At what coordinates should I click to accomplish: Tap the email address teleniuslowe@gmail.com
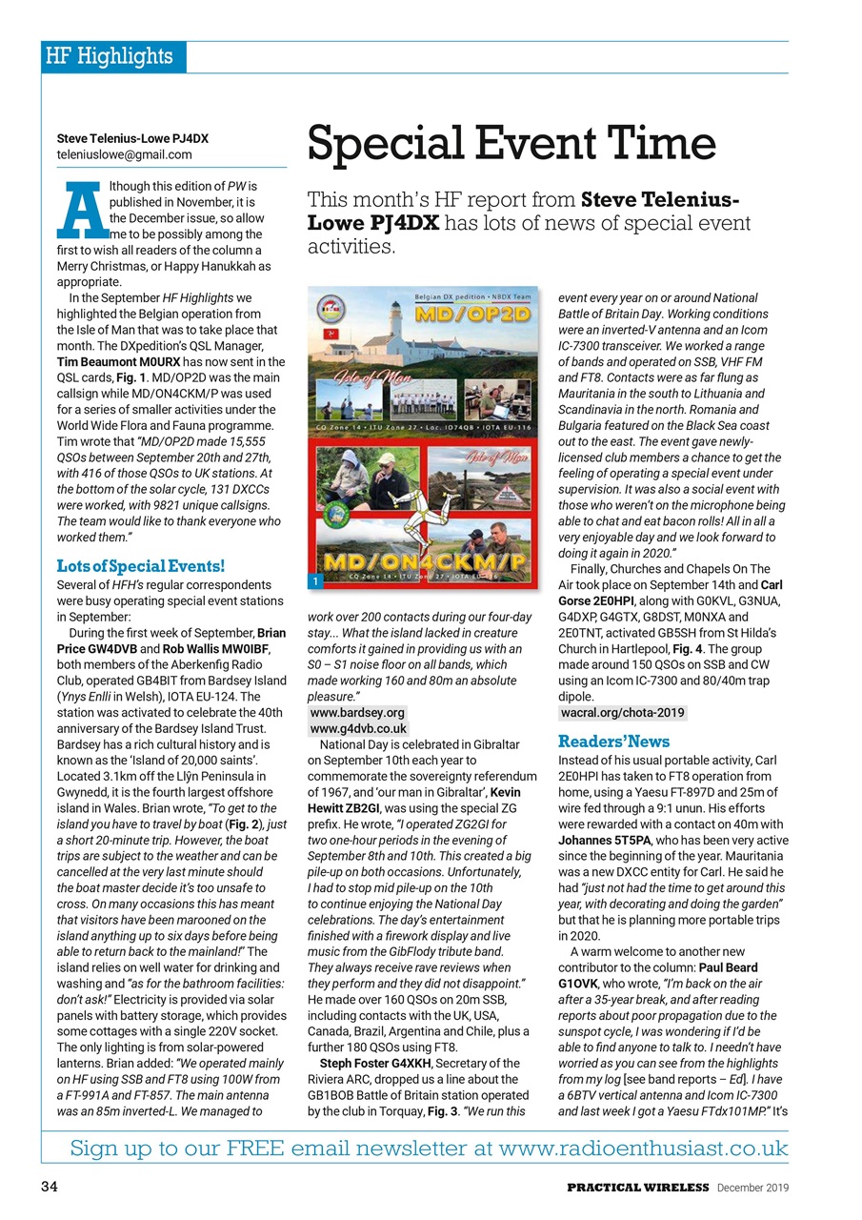[x=124, y=154]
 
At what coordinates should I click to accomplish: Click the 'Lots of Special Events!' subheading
[x=141, y=566]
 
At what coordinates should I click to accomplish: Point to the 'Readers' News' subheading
[x=613, y=741]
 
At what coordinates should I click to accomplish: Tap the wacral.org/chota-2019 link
[x=622, y=712]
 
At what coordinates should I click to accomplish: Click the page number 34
[x=50, y=1187]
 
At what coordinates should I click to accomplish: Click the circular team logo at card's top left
[x=331, y=306]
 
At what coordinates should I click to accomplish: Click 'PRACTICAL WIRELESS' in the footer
[x=638, y=1187]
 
